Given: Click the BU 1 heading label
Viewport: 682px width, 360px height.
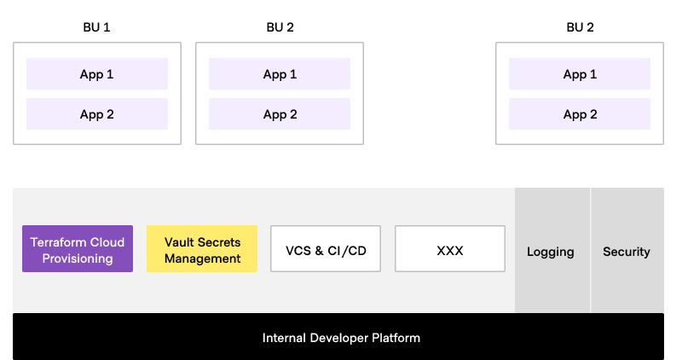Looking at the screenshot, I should point(96,27).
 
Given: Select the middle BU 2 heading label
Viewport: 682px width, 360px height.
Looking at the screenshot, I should point(280,27).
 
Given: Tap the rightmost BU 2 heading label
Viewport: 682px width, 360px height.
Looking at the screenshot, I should point(580,27).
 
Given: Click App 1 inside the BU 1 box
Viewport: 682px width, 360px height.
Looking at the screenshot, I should point(97,74).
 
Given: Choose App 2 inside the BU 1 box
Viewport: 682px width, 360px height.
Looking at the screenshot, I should point(97,114).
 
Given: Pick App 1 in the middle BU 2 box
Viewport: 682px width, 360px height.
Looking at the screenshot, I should point(280,74).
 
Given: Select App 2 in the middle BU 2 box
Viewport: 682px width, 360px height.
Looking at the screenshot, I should point(280,114).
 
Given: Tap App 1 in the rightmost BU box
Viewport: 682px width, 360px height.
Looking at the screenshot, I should point(580,74).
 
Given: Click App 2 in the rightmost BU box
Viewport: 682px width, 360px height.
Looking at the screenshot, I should point(580,114).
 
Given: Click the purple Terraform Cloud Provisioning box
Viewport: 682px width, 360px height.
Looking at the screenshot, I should point(78,249).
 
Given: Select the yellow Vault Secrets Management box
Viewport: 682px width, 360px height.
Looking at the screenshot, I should point(202,249).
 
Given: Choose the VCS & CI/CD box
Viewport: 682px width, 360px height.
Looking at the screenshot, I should point(326,250).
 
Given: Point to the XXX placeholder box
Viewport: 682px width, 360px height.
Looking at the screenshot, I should point(450,250).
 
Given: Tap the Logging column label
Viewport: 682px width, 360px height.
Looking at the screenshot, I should point(551,252).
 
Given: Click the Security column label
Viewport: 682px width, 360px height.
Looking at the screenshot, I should point(627,252).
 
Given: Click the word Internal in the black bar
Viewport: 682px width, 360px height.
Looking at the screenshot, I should point(284,338).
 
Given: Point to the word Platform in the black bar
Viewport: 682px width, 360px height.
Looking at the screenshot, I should point(396,338).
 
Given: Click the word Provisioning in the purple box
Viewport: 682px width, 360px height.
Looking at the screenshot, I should point(78,258).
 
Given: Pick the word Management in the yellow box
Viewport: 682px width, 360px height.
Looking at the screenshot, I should point(202,258).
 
